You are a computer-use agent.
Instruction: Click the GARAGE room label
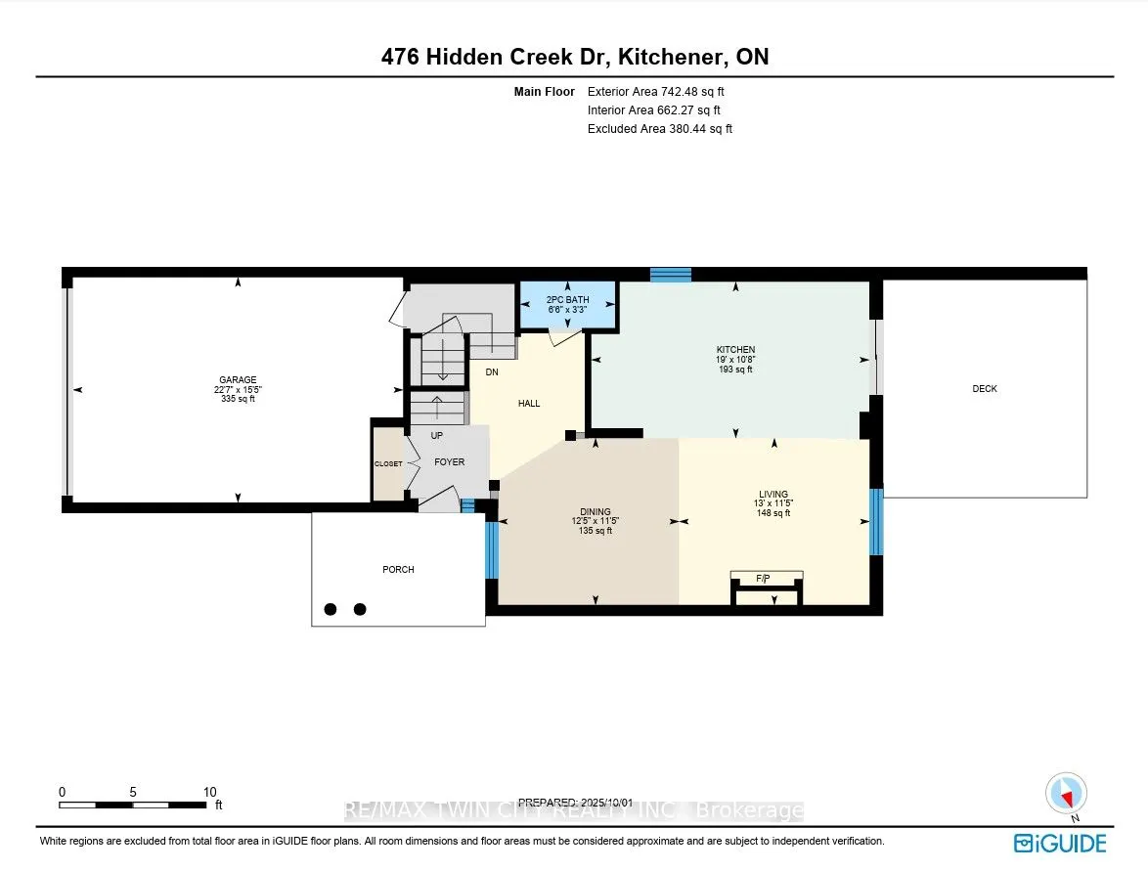click(x=238, y=380)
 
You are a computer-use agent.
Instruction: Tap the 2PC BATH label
click(x=567, y=299)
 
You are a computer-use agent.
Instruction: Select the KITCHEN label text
click(x=735, y=350)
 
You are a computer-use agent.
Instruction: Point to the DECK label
click(x=985, y=389)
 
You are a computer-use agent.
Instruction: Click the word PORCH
click(x=398, y=570)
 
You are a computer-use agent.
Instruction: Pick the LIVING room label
click(x=773, y=494)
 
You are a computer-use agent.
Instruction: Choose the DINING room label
click(x=596, y=511)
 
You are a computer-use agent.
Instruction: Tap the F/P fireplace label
click(x=763, y=579)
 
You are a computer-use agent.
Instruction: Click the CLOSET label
click(x=388, y=464)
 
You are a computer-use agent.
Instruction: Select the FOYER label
click(x=450, y=461)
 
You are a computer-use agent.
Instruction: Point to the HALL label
click(x=529, y=404)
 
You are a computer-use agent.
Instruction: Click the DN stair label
click(x=492, y=371)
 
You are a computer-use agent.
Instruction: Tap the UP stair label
click(x=437, y=436)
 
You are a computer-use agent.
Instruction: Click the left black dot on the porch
click(x=331, y=609)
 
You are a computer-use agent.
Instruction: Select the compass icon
click(x=1067, y=794)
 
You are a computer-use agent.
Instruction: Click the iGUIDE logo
click(x=1060, y=844)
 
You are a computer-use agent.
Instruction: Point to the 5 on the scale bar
click(x=133, y=792)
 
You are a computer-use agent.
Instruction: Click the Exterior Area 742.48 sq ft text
click(x=656, y=92)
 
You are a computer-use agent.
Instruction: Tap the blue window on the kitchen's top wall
click(x=671, y=275)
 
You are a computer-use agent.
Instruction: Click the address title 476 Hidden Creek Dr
click(x=496, y=57)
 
